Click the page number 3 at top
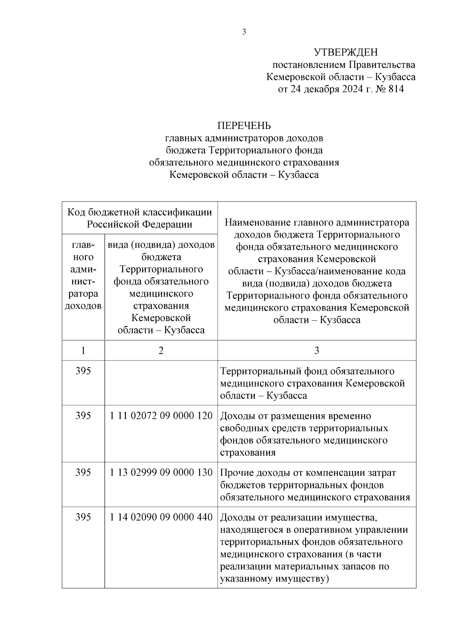[244, 32]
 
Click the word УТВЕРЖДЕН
[346, 52]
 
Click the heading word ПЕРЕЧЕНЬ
[244, 126]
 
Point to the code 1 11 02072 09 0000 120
[161, 416]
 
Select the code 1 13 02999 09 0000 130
[161, 472]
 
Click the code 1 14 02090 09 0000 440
[161, 517]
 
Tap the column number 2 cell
[161, 350]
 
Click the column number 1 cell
[83, 350]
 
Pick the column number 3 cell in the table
[316, 350]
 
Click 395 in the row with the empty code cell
[83, 371]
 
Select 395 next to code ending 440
[83, 517]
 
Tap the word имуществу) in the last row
[302, 579]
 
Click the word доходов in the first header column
[83, 306]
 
